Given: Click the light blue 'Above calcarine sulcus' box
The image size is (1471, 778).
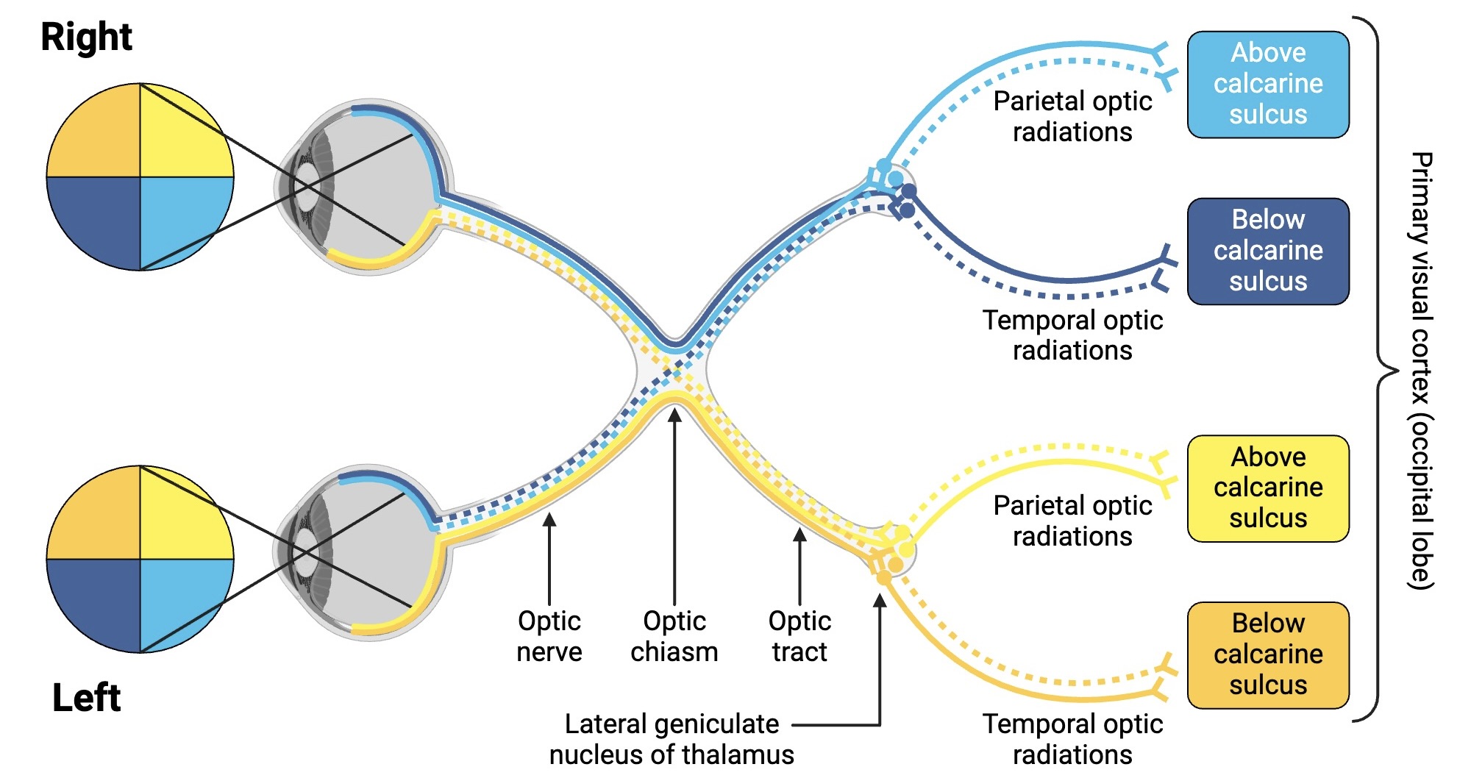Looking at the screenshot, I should pyautogui.click(x=1267, y=84).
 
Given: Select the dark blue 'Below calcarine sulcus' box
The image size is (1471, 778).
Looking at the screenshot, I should pyautogui.click(x=1267, y=251).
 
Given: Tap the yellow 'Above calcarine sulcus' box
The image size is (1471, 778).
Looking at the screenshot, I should pyautogui.click(x=1267, y=488).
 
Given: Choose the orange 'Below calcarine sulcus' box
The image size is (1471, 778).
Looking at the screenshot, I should pyautogui.click(x=1267, y=654).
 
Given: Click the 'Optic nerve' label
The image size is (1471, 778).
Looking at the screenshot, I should pyautogui.click(x=549, y=636).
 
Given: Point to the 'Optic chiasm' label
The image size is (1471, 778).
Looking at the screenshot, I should pyautogui.click(x=674, y=636).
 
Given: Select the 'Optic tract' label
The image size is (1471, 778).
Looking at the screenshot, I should pyautogui.click(x=799, y=636).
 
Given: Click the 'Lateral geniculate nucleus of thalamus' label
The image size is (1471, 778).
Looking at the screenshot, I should pyautogui.click(x=671, y=739).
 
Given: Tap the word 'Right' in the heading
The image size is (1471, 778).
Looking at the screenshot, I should pyautogui.click(x=86, y=37).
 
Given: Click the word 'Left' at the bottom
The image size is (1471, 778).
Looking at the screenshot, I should pyautogui.click(x=86, y=697).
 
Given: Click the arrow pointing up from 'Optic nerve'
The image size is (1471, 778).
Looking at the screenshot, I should pyautogui.click(x=549, y=559).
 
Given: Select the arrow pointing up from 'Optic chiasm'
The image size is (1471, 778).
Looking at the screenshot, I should pyautogui.click(x=674, y=507).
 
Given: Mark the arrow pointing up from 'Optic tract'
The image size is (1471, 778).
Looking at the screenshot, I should pyautogui.click(x=800, y=566).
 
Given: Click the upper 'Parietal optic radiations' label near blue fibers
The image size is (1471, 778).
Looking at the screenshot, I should pyautogui.click(x=1072, y=116).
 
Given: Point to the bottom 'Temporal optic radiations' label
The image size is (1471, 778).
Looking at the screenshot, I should pyautogui.click(x=1072, y=739).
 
